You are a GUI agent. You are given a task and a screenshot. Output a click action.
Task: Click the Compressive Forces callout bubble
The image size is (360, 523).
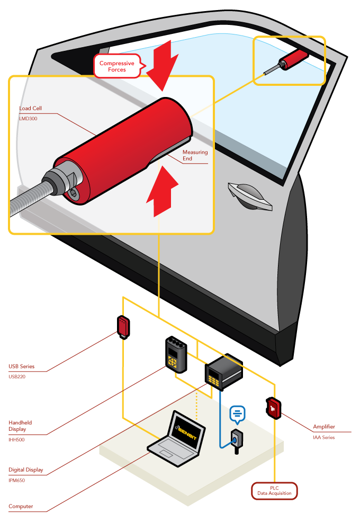pos(121,66)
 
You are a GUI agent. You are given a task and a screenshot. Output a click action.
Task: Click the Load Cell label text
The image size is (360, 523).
pos(30,109)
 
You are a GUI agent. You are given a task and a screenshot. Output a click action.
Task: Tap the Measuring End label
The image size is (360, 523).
pos(195,155)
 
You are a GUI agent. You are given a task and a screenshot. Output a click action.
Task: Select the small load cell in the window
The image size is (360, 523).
pos(293,58)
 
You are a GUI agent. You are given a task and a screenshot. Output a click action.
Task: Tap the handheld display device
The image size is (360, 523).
pos(176,355)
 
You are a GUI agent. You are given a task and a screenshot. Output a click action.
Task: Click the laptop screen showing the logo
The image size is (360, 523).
pos(187,430)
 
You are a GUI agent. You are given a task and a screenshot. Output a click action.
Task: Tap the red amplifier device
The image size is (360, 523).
pos(273,408)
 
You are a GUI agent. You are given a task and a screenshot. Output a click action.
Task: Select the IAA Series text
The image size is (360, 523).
pos(323,437)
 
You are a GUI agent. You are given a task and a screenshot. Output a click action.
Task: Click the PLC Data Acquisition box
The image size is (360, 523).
pos(274,490)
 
